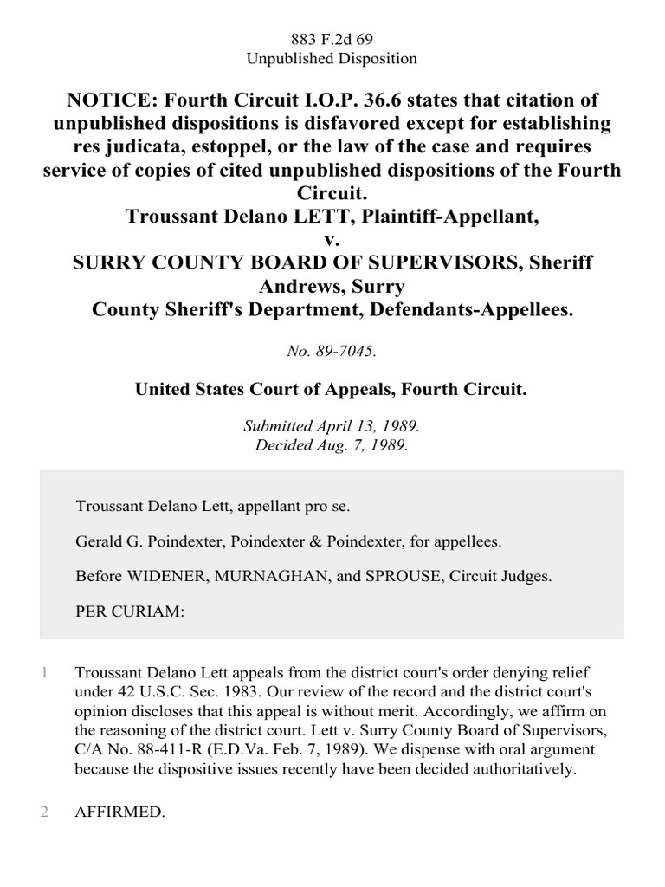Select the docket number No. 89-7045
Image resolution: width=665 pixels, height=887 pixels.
click(332, 353)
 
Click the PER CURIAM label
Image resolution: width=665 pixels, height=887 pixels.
click(130, 611)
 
